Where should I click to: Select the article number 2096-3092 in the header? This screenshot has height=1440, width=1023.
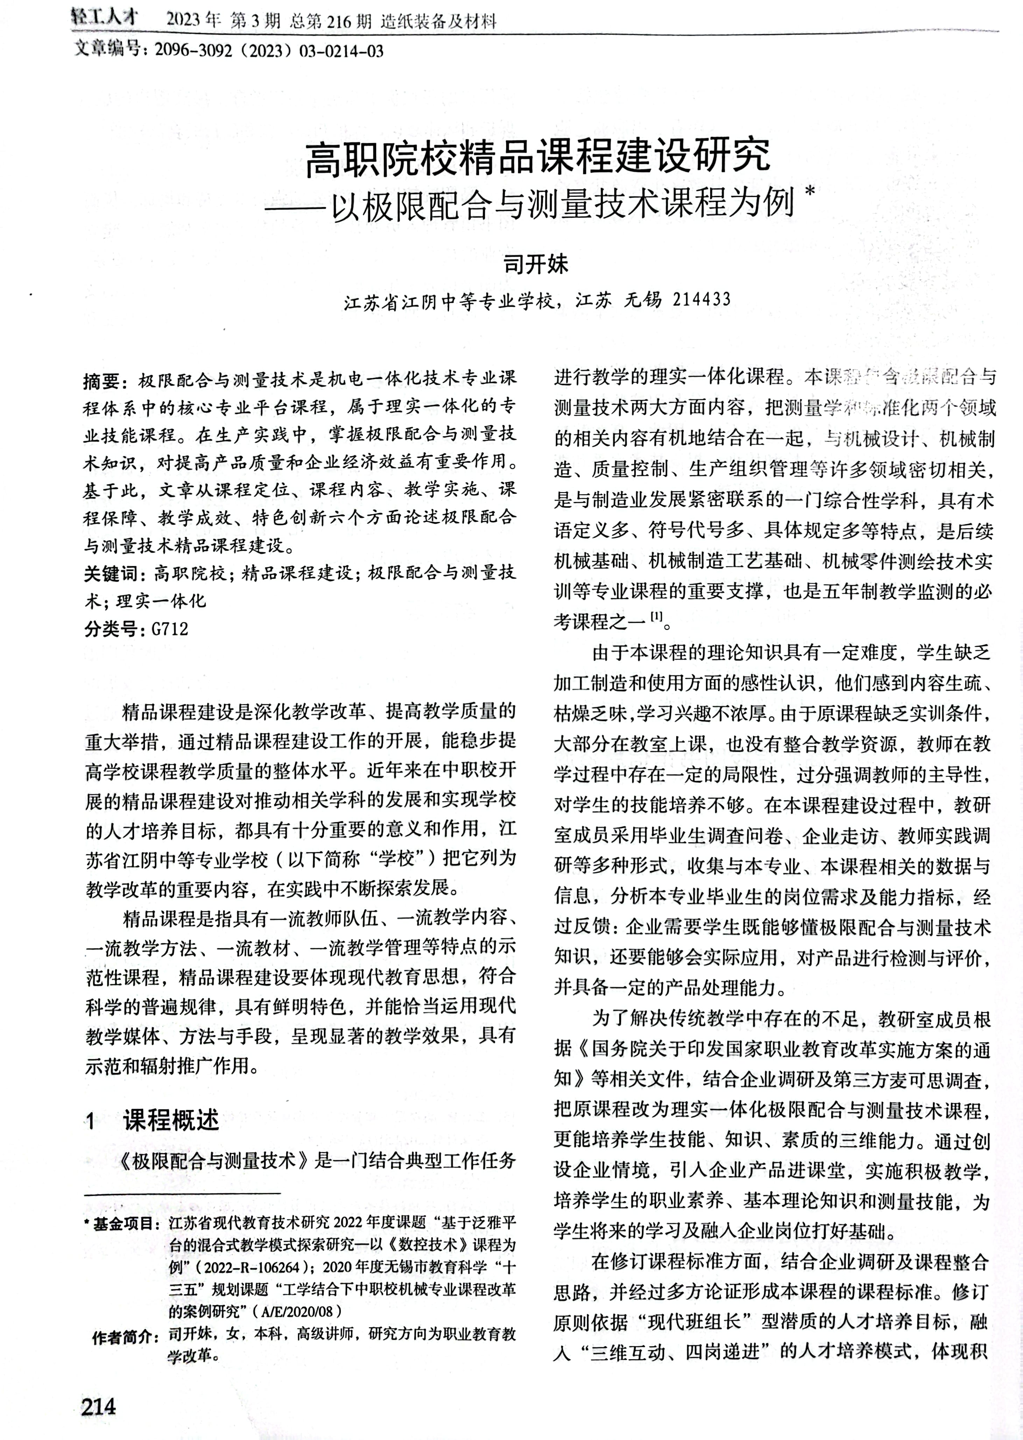(x=191, y=50)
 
